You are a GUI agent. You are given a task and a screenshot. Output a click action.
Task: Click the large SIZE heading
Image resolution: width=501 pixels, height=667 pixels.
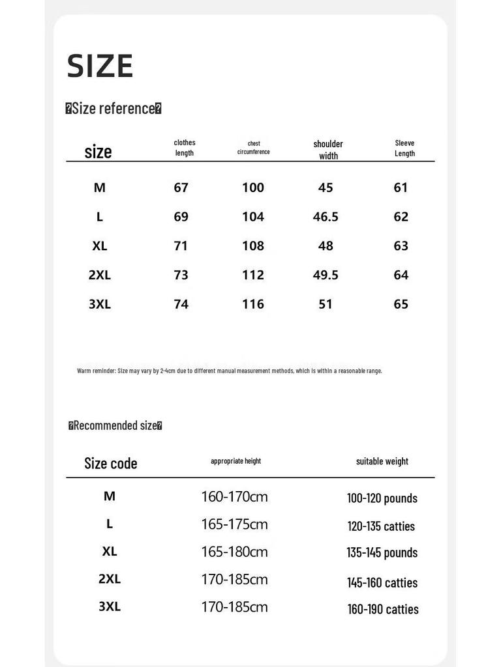(100, 66)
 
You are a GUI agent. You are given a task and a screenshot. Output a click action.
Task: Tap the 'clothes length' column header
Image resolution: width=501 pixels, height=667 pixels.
(185, 148)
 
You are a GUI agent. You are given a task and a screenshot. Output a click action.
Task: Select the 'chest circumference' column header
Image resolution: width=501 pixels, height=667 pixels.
(253, 148)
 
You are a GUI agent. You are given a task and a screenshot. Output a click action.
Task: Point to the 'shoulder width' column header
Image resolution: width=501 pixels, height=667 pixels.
(328, 149)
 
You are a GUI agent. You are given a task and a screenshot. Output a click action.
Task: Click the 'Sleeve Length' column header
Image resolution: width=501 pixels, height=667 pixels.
(404, 148)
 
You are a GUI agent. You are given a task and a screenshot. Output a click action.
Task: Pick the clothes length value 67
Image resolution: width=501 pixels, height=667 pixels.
(181, 188)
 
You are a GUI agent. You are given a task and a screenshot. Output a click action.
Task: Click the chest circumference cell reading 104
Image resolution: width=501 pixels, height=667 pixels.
(253, 217)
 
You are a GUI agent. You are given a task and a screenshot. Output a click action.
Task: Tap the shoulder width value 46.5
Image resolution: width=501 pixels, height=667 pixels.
(326, 217)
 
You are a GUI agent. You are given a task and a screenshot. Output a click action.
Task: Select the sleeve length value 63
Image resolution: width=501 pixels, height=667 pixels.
(401, 246)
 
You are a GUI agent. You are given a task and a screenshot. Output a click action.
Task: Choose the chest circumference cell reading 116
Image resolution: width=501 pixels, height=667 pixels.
(253, 304)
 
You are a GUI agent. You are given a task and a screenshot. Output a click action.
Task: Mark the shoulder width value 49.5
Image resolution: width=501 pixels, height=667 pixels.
(326, 275)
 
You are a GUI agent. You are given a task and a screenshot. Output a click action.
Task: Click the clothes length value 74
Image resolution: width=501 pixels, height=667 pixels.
(181, 304)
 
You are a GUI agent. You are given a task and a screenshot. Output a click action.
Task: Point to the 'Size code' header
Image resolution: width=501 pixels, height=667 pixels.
(111, 463)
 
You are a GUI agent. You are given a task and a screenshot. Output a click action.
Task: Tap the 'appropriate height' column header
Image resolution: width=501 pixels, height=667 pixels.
(235, 461)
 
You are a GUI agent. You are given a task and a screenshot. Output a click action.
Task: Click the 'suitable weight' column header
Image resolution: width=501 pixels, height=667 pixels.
(382, 461)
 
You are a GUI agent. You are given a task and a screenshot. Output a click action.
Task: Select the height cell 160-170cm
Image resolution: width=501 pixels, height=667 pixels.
(234, 497)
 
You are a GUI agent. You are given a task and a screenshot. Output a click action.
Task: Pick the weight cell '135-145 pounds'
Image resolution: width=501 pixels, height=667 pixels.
(382, 552)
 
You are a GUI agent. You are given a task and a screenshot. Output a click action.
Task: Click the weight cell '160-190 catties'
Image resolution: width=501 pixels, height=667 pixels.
(383, 609)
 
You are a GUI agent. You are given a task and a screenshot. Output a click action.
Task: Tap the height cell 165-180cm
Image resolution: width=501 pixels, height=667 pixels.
(234, 552)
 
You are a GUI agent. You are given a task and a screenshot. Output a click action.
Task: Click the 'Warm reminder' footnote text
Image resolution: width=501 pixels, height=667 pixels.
(230, 371)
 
